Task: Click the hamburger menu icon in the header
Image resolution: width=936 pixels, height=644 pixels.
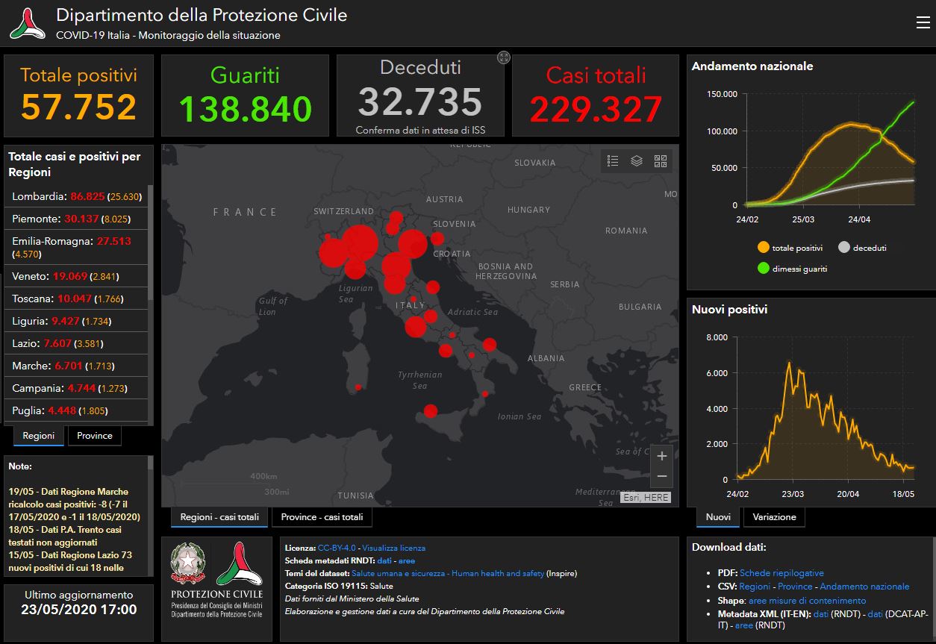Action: pos(923,22)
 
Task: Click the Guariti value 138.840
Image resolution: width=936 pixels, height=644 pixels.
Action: pos(246,109)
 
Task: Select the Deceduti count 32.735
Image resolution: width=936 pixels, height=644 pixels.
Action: pos(420,101)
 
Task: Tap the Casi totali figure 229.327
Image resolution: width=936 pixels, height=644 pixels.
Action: pos(596,110)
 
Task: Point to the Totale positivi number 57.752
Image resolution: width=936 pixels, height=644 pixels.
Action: pos(78,107)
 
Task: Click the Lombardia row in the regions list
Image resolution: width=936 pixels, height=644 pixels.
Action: pos(76,196)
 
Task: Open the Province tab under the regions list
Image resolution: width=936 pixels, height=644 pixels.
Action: pos(95,436)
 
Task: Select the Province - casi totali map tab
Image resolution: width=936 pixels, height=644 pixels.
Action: pos(322,517)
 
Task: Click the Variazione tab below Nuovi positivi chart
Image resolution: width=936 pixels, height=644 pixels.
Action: pos(774,517)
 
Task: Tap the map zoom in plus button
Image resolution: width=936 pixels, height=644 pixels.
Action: pos(662,456)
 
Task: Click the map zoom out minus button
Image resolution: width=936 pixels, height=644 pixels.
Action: pos(662,476)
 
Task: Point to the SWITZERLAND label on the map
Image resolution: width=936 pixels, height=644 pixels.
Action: pos(343,211)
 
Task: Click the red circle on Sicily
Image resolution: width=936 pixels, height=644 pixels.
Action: pos(431,411)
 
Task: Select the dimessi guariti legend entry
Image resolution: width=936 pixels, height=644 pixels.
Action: pos(792,269)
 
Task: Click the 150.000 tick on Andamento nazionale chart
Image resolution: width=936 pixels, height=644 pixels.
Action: pos(722,94)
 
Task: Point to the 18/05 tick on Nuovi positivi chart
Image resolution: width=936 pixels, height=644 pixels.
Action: pos(903,494)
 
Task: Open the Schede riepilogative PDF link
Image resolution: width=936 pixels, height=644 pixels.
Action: pos(781,573)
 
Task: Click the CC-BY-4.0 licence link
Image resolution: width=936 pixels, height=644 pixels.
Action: pos(337,548)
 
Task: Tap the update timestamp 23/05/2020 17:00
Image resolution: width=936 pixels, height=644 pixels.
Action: pos(79,610)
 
